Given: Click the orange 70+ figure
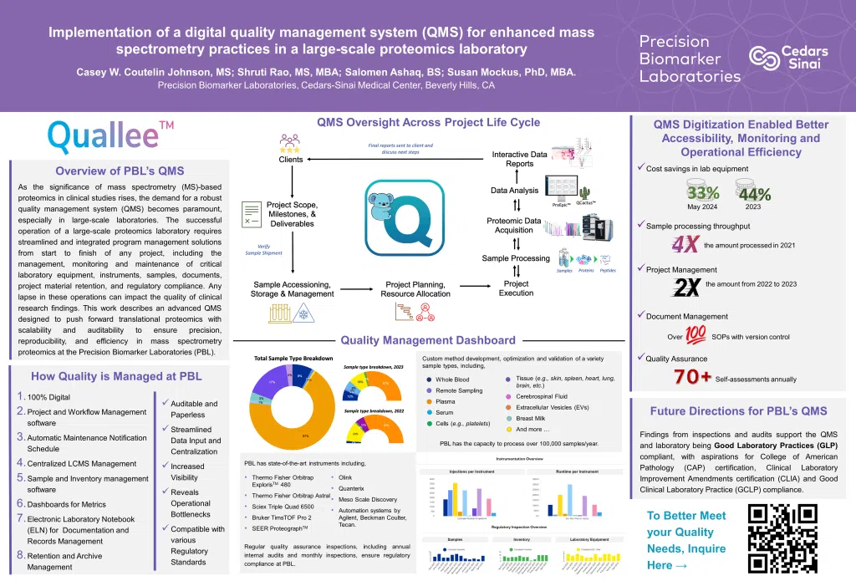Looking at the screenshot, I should [x=693, y=377].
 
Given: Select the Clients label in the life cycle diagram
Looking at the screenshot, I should [x=290, y=160].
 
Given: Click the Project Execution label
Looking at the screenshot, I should [x=516, y=288].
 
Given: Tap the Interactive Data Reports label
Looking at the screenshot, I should [x=520, y=159].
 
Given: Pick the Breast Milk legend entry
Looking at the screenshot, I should [x=532, y=418].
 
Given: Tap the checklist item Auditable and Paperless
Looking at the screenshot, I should [x=193, y=409].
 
